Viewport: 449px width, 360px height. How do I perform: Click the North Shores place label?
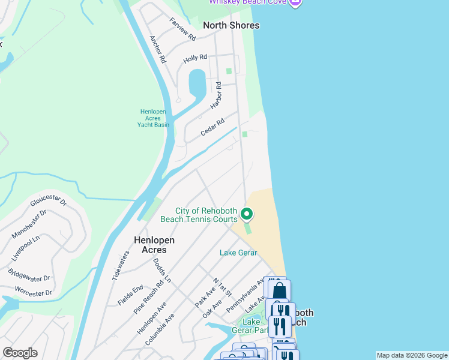click(231, 25)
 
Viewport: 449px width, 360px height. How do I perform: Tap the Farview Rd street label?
click(182, 29)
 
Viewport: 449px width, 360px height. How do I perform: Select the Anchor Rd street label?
click(157, 50)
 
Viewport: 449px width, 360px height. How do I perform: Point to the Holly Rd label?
click(195, 58)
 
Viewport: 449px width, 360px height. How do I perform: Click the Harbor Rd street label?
click(216, 96)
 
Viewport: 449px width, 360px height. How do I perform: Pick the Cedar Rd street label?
click(212, 126)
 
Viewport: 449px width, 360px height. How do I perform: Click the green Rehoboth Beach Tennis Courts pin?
click(246, 214)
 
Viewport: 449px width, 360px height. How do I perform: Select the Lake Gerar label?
click(238, 253)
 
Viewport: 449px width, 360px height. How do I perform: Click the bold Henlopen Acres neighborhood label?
click(154, 245)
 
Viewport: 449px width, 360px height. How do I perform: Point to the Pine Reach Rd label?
click(149, 289)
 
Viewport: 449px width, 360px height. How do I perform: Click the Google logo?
click(20, 353)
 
